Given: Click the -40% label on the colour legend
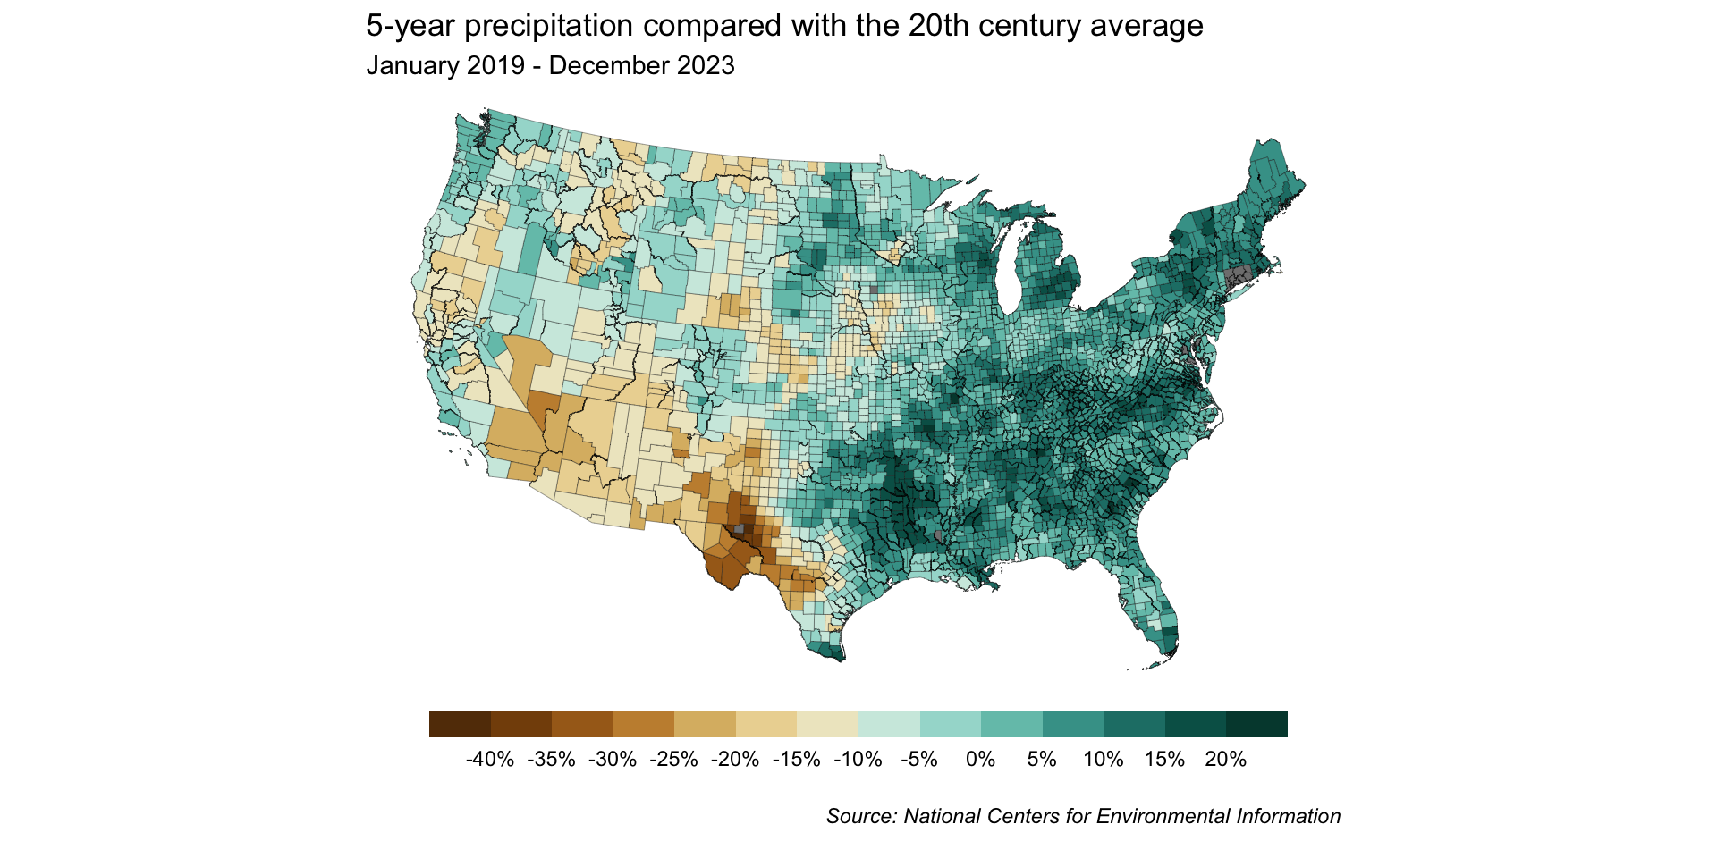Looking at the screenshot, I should point(490,760).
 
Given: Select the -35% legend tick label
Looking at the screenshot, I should point(552,760).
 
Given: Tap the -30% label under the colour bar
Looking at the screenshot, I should point(613,760).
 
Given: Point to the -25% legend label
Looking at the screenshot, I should point(674,760).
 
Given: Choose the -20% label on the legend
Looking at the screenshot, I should point(735,760).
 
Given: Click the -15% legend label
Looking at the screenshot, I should point(797,760).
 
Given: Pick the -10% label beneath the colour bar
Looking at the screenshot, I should point(858,760).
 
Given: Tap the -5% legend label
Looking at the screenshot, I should point(919,760).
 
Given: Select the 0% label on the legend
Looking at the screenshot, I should point(980,760).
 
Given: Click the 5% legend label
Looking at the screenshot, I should point(1042,760).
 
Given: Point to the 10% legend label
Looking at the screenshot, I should point(1103,760).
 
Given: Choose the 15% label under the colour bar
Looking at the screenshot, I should point(1164,760).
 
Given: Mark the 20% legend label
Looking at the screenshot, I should point(1225,760).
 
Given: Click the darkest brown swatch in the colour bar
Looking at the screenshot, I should point(460,724).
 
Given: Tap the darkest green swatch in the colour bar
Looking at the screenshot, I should point(1256,724).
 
